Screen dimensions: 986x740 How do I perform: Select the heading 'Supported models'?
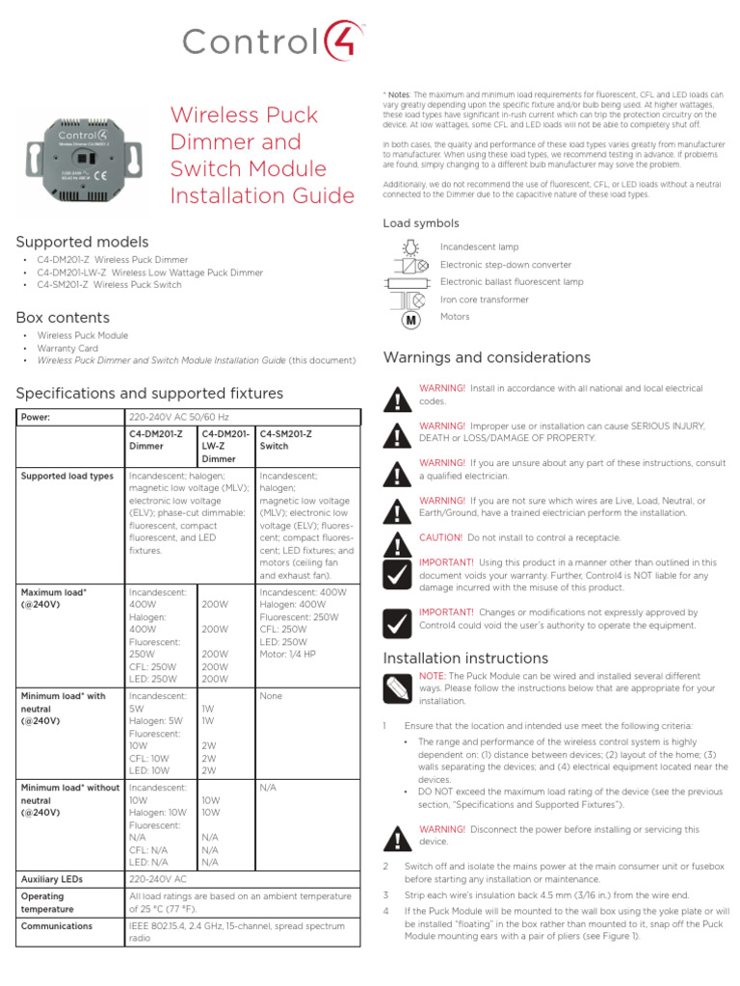tap(82, 242)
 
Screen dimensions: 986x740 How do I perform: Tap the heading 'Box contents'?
tap(63, 318)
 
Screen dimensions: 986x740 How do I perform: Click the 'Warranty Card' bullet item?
tap(67, 348)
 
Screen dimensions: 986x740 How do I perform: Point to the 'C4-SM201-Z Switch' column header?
tap(287, 440)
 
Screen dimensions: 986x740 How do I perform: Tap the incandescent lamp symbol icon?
tap(410, 247)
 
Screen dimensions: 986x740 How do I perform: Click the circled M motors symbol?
tap(410, 319)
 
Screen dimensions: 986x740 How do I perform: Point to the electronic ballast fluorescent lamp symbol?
tap(410, 282)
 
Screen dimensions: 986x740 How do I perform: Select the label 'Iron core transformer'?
tap(484, 299)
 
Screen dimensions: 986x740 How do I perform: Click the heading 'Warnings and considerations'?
tap(487, 358)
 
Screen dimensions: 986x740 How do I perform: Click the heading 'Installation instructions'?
tap(465, 659)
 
